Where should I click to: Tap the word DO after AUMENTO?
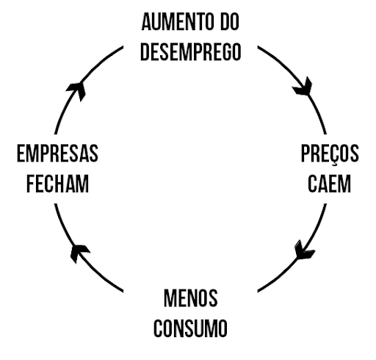pos(230,22)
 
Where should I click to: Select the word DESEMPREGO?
pos(191,52)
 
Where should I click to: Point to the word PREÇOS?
pos(330,154)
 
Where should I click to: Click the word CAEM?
pos(329,184)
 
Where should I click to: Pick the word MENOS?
pos(190,298)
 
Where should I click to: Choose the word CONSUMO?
pos(190,328)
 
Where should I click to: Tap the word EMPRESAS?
pos(57,154)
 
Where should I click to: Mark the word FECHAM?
pos(57,184)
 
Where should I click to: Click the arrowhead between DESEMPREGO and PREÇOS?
pos(303,87)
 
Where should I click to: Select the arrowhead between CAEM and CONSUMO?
pos(303,250)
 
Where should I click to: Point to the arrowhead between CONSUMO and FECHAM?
pos(79,253)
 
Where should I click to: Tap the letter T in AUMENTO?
pos(196,22)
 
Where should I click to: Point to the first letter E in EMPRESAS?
pos(21,154)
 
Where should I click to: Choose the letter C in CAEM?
pos(312,184)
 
